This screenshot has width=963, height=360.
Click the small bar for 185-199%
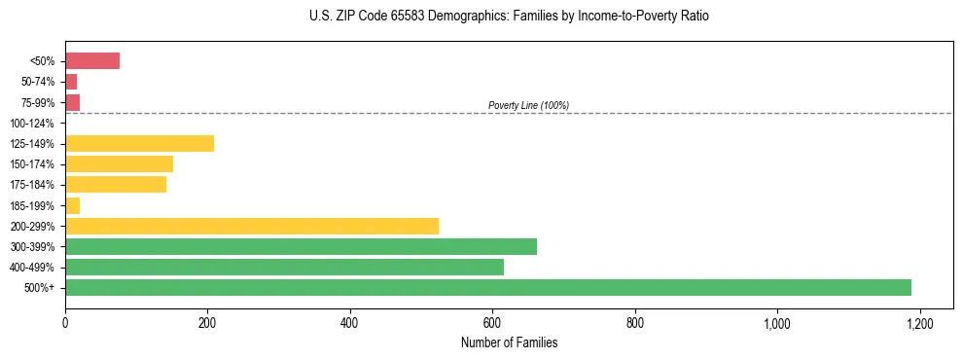[x=72, y=205]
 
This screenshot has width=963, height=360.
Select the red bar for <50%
[x=92, y=61]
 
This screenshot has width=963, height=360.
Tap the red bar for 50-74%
[x=71, y=82]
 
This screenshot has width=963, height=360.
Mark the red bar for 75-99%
[x=72, y=102]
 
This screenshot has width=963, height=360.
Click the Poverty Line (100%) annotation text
[x=528, y=105]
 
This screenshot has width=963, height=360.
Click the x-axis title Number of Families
[x=509, y=342]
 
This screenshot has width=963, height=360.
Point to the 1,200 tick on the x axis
[x=919, y=322]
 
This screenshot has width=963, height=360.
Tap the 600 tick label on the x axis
[x=492, y=322]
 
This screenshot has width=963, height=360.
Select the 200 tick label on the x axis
[x=207, y=322]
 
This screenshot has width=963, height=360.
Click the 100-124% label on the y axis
[x=32, y=124]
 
